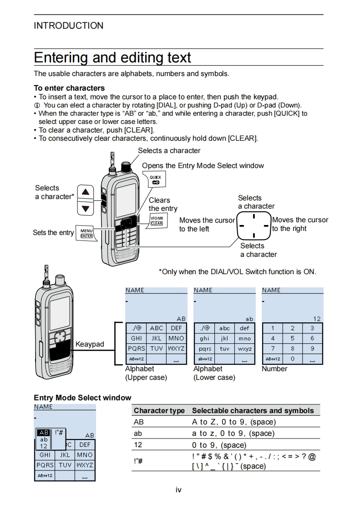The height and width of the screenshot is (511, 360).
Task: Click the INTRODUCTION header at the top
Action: [68, 26]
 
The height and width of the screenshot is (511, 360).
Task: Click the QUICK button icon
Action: [155, 179]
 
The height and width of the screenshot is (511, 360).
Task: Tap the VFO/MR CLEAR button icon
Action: [157, 221]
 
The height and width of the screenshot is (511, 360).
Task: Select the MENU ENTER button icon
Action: [86, 233]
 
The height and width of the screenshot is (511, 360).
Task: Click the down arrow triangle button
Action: [85, 209]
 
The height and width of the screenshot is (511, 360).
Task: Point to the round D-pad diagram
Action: [254, 226]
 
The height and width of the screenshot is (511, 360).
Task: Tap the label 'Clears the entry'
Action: [162, 204]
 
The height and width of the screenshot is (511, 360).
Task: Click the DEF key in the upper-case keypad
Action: [176, 328]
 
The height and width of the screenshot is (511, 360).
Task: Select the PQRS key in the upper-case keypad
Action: [136, 348]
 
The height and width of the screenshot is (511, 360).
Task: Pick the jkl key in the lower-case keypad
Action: [224, 338]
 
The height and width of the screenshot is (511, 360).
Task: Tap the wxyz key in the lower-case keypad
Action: [244, 349]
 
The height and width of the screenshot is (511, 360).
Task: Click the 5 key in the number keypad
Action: [292, 338]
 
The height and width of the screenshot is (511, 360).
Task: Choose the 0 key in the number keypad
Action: [292, 359]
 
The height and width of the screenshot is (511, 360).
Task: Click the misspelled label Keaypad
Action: [90, 344]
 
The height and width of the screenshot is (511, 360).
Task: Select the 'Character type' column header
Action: [159, 410]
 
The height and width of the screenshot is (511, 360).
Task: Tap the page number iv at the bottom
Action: [178, 490]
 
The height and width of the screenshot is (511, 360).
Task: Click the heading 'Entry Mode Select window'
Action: [82, 398]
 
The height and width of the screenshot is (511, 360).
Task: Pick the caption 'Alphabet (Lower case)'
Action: [214, 373]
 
